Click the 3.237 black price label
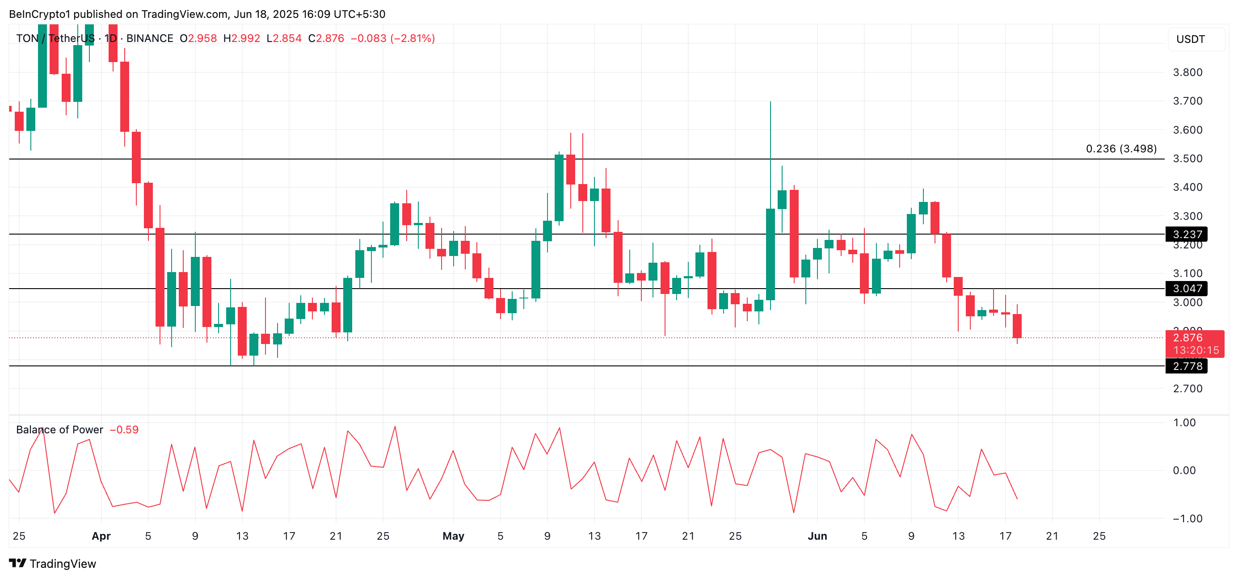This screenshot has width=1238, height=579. (x=1187, y=235)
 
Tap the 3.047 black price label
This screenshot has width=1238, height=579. (x=1187, y=288)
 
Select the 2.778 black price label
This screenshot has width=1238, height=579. (x=1187, y=366)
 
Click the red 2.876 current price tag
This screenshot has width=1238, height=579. (x=1194, y=343)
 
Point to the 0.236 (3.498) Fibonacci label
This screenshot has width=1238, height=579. (x=1121, y=149)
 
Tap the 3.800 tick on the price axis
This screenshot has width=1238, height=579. (x=1187, y=72)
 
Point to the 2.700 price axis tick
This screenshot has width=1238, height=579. (x=1187, y=389)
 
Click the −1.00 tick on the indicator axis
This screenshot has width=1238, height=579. (x=1183, y=518)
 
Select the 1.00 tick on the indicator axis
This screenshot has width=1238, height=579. (x=1183, y=422)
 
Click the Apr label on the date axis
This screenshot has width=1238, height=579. (x=101, y=536)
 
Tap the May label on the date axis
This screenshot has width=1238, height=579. (x=453, y=536)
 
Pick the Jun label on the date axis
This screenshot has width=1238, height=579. (x=817, y=536)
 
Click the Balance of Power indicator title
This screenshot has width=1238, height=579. (x=59, y=430)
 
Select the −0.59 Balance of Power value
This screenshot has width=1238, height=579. (x=124, y=430)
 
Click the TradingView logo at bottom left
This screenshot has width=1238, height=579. (x=53, y=564)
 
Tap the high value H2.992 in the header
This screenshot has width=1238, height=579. (x=241, y=38)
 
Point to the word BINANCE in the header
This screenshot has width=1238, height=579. (x=149, y=38)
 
